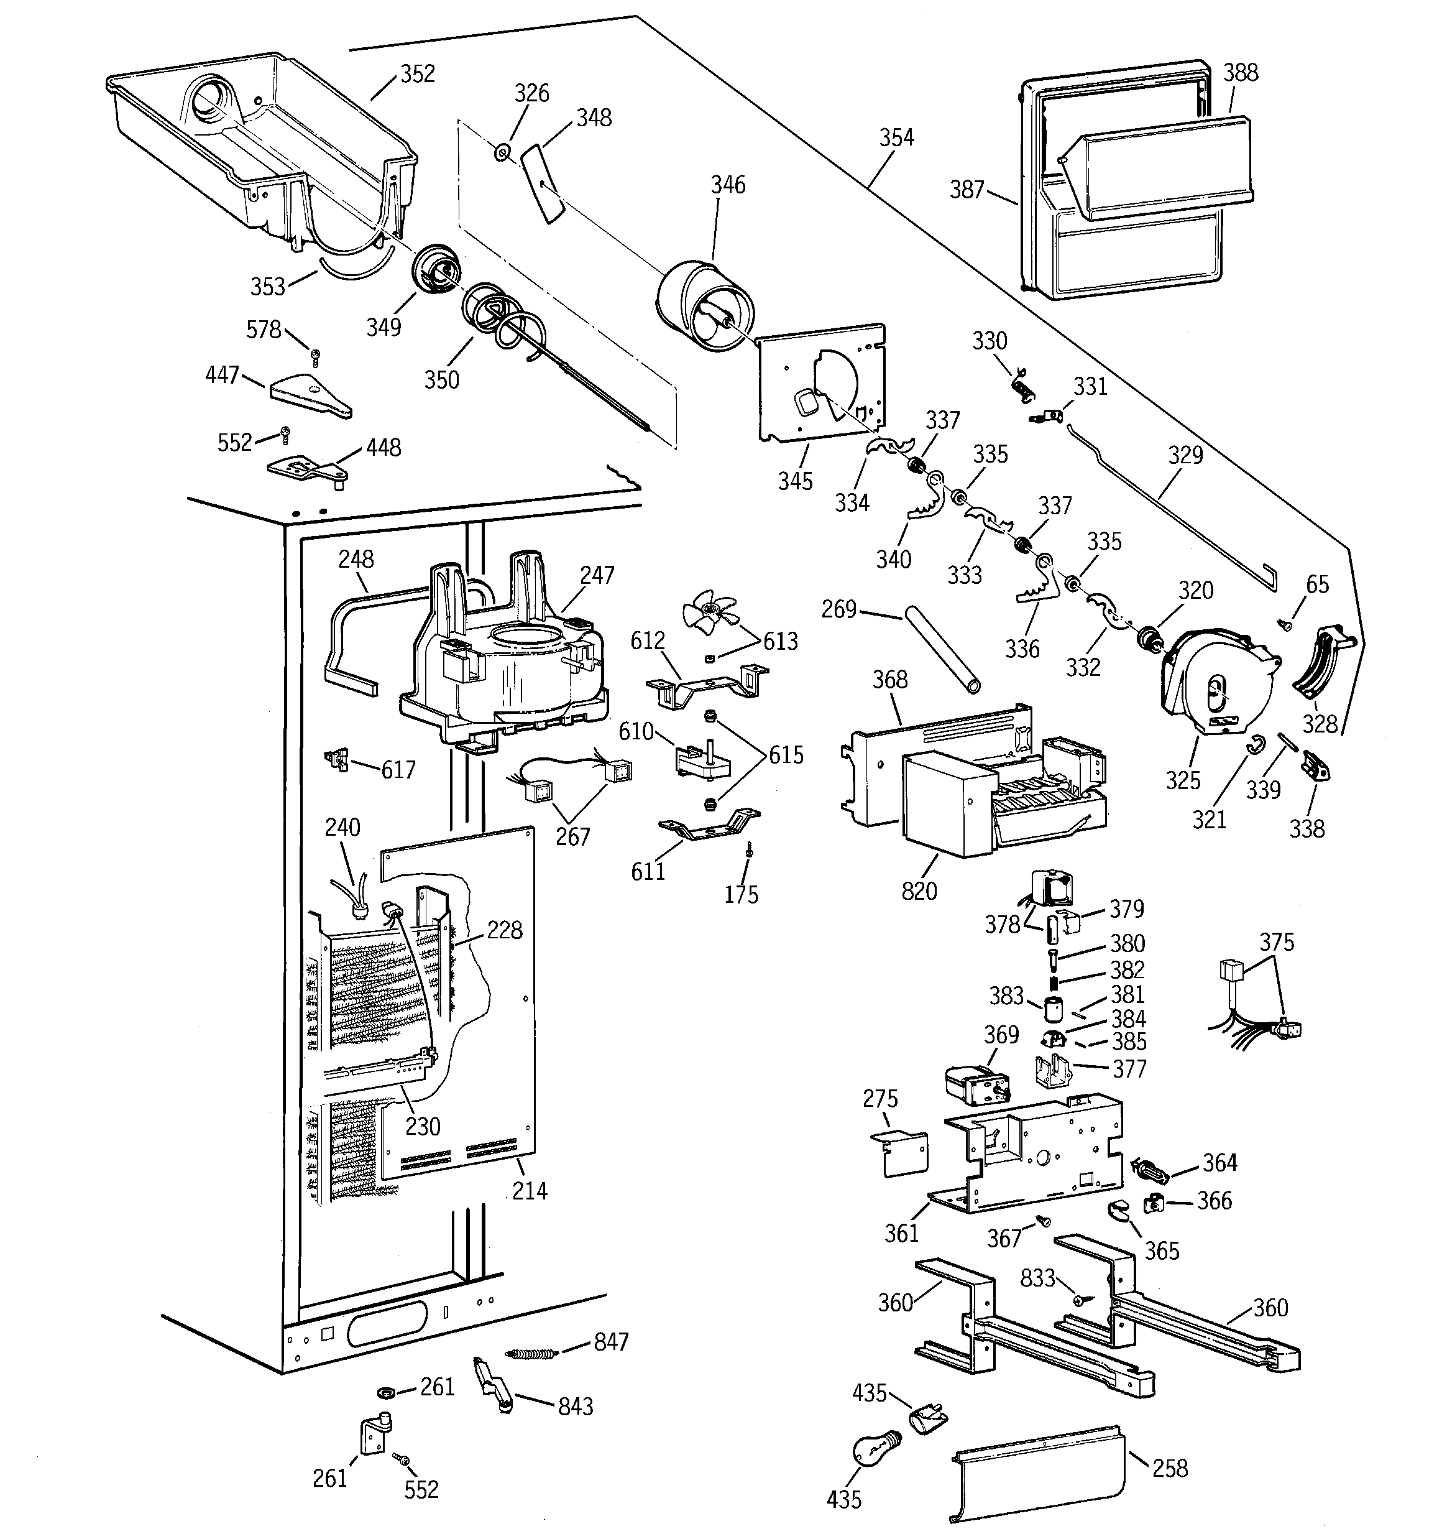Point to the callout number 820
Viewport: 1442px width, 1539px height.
(919, 891)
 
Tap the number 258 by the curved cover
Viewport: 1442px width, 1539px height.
(1170, 1467)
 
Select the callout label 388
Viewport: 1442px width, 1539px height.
(1240, 73)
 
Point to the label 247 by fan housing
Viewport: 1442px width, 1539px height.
(597, 575)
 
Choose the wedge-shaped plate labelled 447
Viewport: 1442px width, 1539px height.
(308, 395)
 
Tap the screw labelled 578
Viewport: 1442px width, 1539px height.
(315, 357)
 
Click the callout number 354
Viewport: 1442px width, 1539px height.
(896, 138)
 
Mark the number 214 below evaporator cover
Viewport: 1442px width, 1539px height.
(530, 1191)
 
